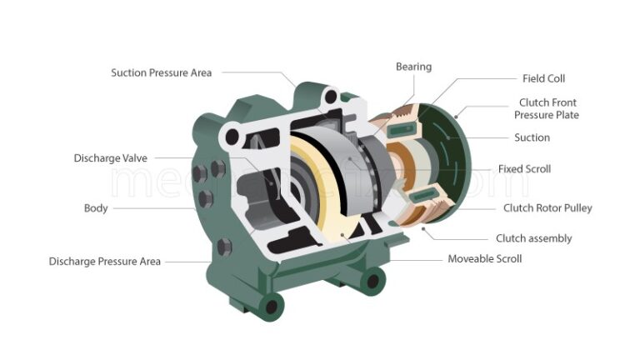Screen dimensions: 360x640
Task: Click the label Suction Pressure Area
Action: point(161,72)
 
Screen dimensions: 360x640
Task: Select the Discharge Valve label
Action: point(110,157)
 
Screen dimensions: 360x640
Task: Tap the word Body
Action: point(96,207)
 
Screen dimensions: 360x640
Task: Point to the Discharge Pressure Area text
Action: point(104,261)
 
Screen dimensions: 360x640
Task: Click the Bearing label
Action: point(413,67)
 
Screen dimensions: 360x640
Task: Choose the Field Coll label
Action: point(543,78)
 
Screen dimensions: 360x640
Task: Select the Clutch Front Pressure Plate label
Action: point(547,108)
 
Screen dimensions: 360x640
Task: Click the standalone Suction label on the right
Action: point(532,137)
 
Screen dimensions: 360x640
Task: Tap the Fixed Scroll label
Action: point(524,169)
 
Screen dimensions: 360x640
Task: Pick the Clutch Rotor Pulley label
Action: point(547,207)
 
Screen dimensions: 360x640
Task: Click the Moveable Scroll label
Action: point(485,258)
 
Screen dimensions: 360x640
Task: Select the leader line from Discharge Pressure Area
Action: point(187,261)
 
